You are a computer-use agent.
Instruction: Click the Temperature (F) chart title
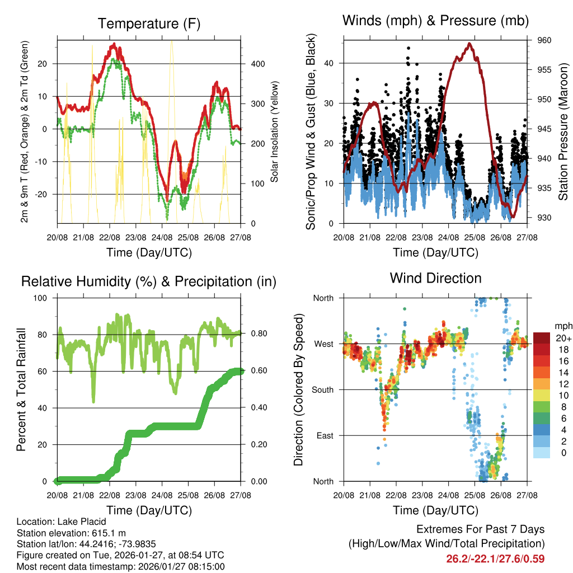[149, 24]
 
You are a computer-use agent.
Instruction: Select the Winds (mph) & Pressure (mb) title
[435, 21]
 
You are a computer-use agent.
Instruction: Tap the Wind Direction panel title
[435, 278]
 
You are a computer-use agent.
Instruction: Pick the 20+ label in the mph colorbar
[562, 338]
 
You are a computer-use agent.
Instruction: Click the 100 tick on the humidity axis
[45, 298]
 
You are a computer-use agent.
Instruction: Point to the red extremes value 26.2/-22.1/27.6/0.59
[495, 558]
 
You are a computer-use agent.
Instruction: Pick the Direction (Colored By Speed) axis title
[298, 389]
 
